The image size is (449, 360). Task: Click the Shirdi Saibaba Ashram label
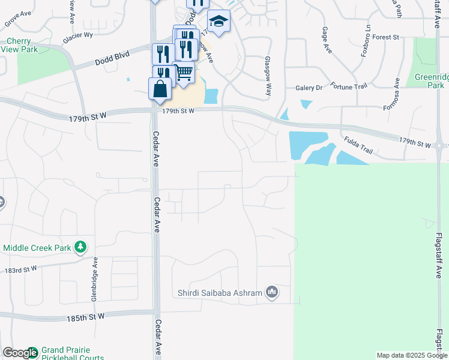220,293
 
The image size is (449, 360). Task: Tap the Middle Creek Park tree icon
80,247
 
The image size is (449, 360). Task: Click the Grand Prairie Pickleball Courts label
72,353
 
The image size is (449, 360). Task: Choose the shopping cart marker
184,71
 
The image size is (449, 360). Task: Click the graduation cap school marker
220,21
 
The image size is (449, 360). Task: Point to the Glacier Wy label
79,35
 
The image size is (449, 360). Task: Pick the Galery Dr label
309,88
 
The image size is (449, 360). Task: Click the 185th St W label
86,316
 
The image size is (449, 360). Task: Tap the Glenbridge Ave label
95,280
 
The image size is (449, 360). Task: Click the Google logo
20,353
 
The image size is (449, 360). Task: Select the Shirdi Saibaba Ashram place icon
272,292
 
